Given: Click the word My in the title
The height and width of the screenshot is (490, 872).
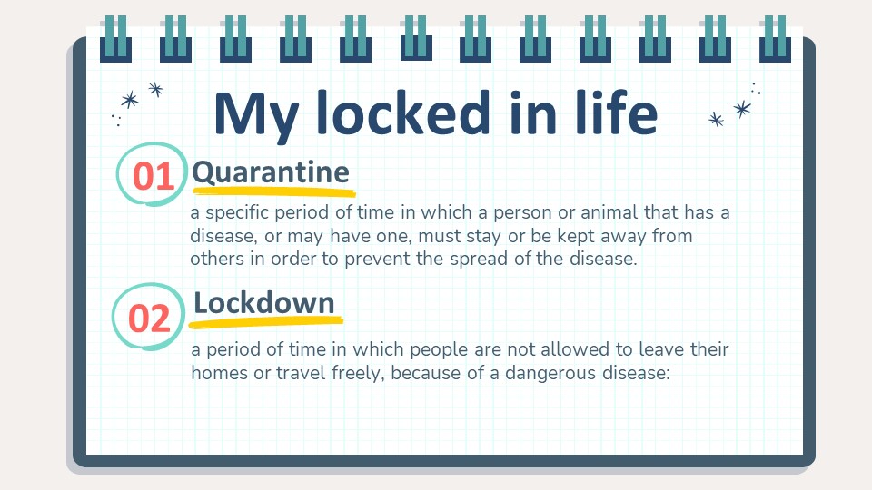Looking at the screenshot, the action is [256, 116].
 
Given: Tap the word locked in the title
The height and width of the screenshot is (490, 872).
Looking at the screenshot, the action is [403, 113].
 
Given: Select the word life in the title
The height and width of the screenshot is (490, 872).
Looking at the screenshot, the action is [617, 113].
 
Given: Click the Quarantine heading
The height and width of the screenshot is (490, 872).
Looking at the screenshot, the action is [271, 172].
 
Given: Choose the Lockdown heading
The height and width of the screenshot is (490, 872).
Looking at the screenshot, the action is [264, 303].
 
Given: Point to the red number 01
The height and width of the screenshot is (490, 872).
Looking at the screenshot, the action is [154, 177].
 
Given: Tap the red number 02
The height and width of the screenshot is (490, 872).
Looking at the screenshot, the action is [149, 318].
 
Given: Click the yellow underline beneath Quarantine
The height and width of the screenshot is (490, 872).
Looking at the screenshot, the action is [273, 192].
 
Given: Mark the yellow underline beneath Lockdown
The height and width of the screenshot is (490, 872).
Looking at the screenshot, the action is [265, 321].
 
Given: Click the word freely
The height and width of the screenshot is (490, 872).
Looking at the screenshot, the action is [358, 373].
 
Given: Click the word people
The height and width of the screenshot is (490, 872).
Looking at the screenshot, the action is [440, 350].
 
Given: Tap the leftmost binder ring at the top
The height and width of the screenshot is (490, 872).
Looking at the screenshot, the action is [115, 39].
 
